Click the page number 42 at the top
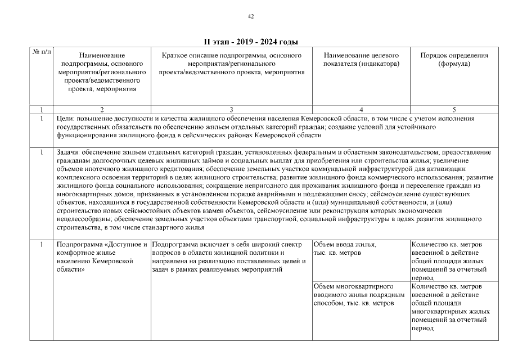pyautogui.click(x=251, y=16)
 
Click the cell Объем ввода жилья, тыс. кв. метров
pyautogui.click(x=344, y=249)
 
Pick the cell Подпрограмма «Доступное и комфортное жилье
pyautogui.click(x=101, y=257)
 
